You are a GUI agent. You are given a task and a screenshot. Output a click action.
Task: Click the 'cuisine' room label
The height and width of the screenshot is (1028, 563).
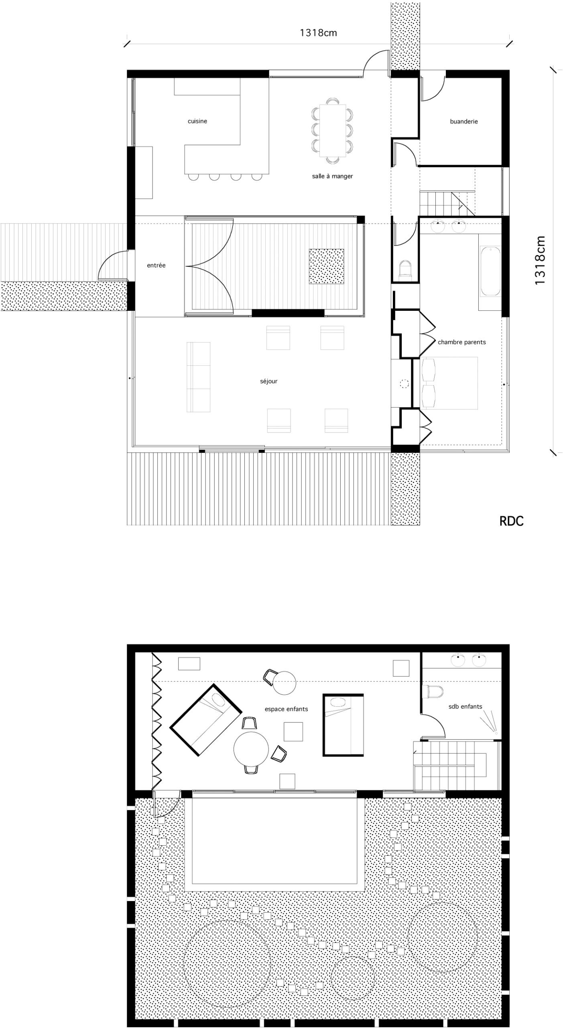197,121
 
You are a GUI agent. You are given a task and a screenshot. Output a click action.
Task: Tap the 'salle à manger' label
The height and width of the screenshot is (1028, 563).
332,176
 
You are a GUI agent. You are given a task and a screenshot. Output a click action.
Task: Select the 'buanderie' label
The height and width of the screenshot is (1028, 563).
464,121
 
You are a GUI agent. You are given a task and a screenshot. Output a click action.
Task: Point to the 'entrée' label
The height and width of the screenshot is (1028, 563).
156,265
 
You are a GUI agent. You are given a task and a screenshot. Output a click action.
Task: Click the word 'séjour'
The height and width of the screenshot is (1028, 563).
268,381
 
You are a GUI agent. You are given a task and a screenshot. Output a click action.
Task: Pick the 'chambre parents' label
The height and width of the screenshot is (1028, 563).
461,342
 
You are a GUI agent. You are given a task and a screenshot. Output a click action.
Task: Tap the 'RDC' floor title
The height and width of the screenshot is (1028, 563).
511,521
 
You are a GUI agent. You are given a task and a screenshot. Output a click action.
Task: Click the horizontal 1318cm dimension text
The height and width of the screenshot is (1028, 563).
318,33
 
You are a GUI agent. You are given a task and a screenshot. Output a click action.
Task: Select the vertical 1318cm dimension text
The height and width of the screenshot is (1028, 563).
540,260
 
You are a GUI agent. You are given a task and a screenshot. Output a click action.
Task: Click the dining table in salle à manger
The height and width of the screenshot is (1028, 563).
333,131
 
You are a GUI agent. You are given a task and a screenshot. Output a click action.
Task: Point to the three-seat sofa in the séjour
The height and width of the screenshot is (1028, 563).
198,377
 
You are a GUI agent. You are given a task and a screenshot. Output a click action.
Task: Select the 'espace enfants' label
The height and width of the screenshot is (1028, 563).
286,709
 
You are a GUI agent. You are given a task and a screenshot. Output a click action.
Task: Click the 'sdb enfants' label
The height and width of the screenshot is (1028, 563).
465,706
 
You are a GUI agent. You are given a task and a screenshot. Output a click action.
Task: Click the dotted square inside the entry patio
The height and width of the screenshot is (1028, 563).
326,266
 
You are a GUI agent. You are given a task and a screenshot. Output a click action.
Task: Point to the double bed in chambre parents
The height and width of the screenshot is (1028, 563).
449,383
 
